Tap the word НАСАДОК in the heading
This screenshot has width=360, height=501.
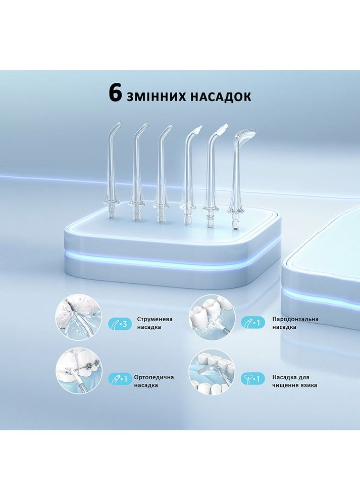click(221, 96)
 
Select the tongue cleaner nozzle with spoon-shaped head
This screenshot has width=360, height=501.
click(237, 177)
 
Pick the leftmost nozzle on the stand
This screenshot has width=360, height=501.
click(112, 172)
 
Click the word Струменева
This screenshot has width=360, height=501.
click(152, 319)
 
